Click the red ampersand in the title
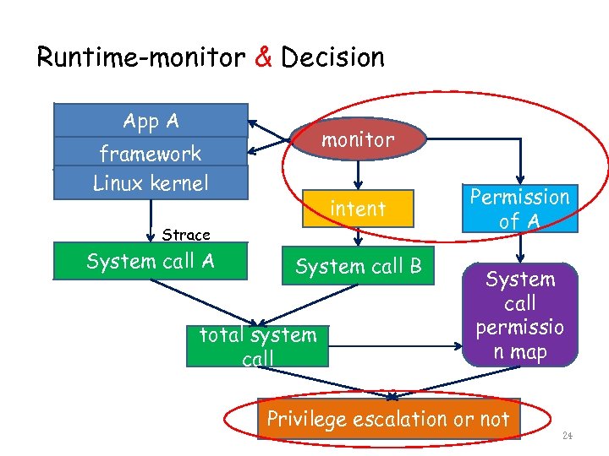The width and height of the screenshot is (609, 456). pos(262,57)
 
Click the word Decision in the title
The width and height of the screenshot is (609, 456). pos(332,57)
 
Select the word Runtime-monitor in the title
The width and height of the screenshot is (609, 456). pos(140,57)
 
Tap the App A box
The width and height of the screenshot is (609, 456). pos(151,121)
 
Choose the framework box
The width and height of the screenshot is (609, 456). pos(151,153)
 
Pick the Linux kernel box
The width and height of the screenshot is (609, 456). pos(151,183)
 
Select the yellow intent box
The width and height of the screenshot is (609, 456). pos(358,208)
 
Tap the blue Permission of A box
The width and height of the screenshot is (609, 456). pos(519,209)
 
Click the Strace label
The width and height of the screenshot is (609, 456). pos(186,234)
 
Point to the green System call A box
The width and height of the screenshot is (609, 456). pos(151,261)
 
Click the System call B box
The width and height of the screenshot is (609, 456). pos(358,267)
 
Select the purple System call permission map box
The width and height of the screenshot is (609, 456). pos(520,314)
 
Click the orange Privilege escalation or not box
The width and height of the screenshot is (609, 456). pos(388,419)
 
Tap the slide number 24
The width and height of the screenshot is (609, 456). pos(567,437)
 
